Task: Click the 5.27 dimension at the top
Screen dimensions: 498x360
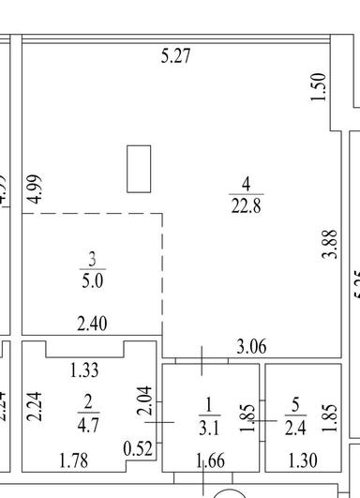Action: pyautogui.click(x=176, y=57)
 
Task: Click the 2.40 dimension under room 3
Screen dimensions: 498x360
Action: pyautogui.click(x=92, y=324)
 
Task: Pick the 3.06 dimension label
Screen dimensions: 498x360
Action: pyautogui.click(x=251, y=347)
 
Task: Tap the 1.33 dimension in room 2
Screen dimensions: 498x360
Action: pyautogui.click(x=85, y=371)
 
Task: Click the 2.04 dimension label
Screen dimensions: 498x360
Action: pyautogui.click(x=143, y=402)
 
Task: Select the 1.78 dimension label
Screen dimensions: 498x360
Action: pyautogui.click(x=74, y=460)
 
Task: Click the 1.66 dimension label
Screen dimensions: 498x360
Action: pyautogui.click(x=211, y=460)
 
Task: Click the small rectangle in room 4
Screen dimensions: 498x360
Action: pyautogui.click(x=139, y=168)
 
